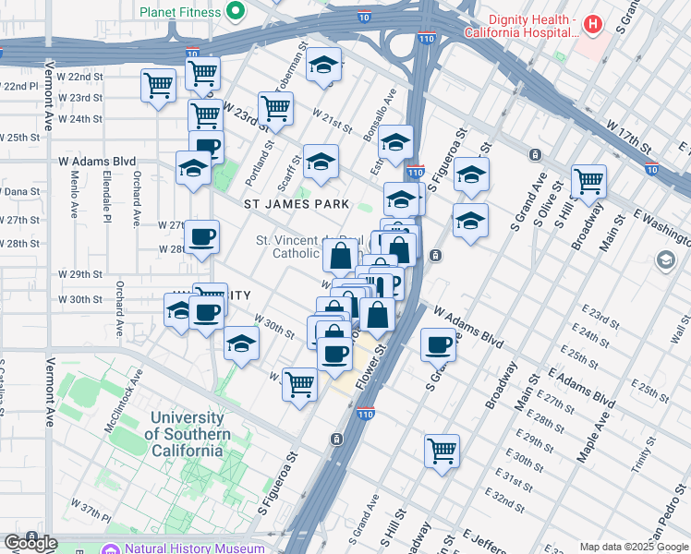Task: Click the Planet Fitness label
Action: tap(181, 12)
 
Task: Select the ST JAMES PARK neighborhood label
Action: tap(297, 203)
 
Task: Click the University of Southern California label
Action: tap(188, 434)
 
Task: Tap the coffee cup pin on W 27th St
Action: tap(201, 236)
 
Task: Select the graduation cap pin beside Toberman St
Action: tap(323, 65)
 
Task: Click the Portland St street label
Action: tap(269, 145)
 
